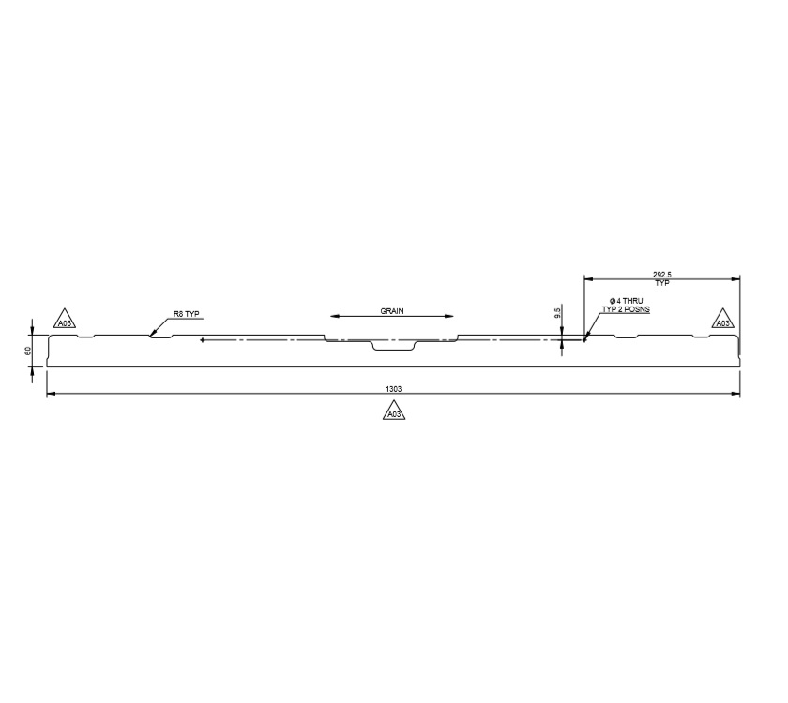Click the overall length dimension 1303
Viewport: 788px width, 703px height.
coord(393,388)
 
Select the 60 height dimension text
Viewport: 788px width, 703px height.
coord(29,350)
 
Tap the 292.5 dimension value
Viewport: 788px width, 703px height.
coord(661,274)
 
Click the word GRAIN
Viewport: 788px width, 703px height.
coord(392,310)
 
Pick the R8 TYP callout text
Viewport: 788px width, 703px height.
coord(187,314)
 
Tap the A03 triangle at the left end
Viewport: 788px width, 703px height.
coord(64,321)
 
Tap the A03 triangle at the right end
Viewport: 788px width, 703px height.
coord(722,321)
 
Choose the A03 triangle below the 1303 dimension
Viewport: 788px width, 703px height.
coord(394,411)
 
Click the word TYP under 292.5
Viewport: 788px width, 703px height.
coord(661,282)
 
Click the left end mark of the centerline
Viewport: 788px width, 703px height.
coord(203,340)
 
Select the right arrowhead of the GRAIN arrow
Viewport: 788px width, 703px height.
coord(454,316)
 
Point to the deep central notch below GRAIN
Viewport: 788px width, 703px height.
coord(392,347)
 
